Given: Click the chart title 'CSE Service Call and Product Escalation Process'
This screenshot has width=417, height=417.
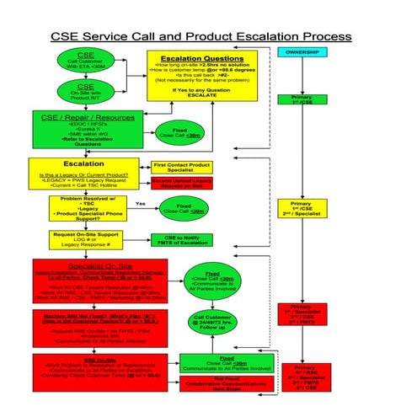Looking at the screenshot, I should pos(200,37).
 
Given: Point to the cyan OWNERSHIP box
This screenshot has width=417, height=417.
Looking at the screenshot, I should pos(302,53).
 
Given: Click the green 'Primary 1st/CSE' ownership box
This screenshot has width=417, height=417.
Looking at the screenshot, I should pos(302,99).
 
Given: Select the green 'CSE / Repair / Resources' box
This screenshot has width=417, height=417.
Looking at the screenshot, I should pos(80,131).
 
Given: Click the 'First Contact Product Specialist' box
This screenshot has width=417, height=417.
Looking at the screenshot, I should pos(182,168).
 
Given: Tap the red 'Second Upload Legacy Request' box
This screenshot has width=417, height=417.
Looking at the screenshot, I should pos(182,183).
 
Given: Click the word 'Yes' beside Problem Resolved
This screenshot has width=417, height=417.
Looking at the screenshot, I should pos(141,205).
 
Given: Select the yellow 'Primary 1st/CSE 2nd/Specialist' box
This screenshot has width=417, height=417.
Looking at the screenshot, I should pos(302,210).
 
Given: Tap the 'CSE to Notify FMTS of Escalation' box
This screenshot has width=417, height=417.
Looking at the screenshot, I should pos(182,241).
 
